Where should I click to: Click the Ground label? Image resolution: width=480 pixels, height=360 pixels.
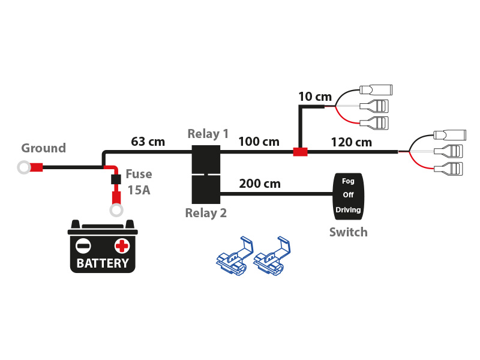[43, 148]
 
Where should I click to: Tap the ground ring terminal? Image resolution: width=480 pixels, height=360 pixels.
[24, 167]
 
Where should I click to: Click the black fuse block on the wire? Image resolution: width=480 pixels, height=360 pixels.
[114, 179]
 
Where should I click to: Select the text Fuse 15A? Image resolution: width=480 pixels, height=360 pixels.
[139, 183]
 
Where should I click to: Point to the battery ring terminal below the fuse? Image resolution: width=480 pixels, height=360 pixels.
[115, 210]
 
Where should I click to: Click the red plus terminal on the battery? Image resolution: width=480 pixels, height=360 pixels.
[122, 245]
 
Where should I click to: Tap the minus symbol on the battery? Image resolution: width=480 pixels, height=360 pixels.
[83, 245]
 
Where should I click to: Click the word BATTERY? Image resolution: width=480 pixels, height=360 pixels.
[103, 263]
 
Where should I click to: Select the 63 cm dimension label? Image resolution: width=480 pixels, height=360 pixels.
[148, 142]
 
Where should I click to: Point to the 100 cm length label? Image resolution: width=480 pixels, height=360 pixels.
[259, 142]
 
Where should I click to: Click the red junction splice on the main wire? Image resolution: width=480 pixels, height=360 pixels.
[300, 152]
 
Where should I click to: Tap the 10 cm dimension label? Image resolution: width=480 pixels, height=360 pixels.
[315, 97]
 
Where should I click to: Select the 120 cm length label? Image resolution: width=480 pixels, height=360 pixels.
[352, 142]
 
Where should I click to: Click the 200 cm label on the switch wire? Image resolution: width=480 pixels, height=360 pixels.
[259, 184]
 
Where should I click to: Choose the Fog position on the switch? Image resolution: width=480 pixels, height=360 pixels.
[348, 181]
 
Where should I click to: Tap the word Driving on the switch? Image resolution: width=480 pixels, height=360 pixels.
[348, 209]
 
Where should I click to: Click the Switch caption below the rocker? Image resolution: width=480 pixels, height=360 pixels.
[348, 232]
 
